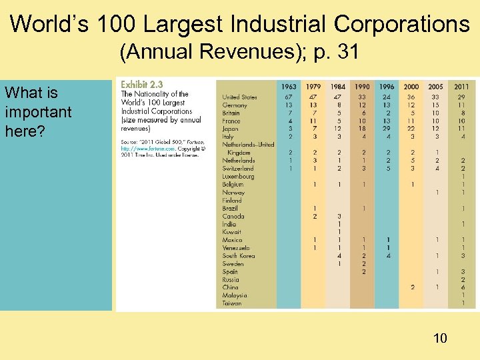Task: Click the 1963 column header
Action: point(289,87)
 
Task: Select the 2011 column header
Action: point(461,87)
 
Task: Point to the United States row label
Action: point(240,97)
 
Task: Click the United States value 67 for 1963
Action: point(289,97)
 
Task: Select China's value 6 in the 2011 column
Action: point(461,287)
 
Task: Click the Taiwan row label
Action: point(232,303)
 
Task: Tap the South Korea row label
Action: point(239,256)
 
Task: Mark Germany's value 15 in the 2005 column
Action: point(435,105)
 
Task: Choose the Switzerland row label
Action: point(238,169)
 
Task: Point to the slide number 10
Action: point(439,339)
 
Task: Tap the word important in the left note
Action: point(37,111)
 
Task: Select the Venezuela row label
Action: point(237,248)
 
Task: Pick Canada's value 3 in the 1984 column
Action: point(339,216)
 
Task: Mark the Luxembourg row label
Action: point(238,177)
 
